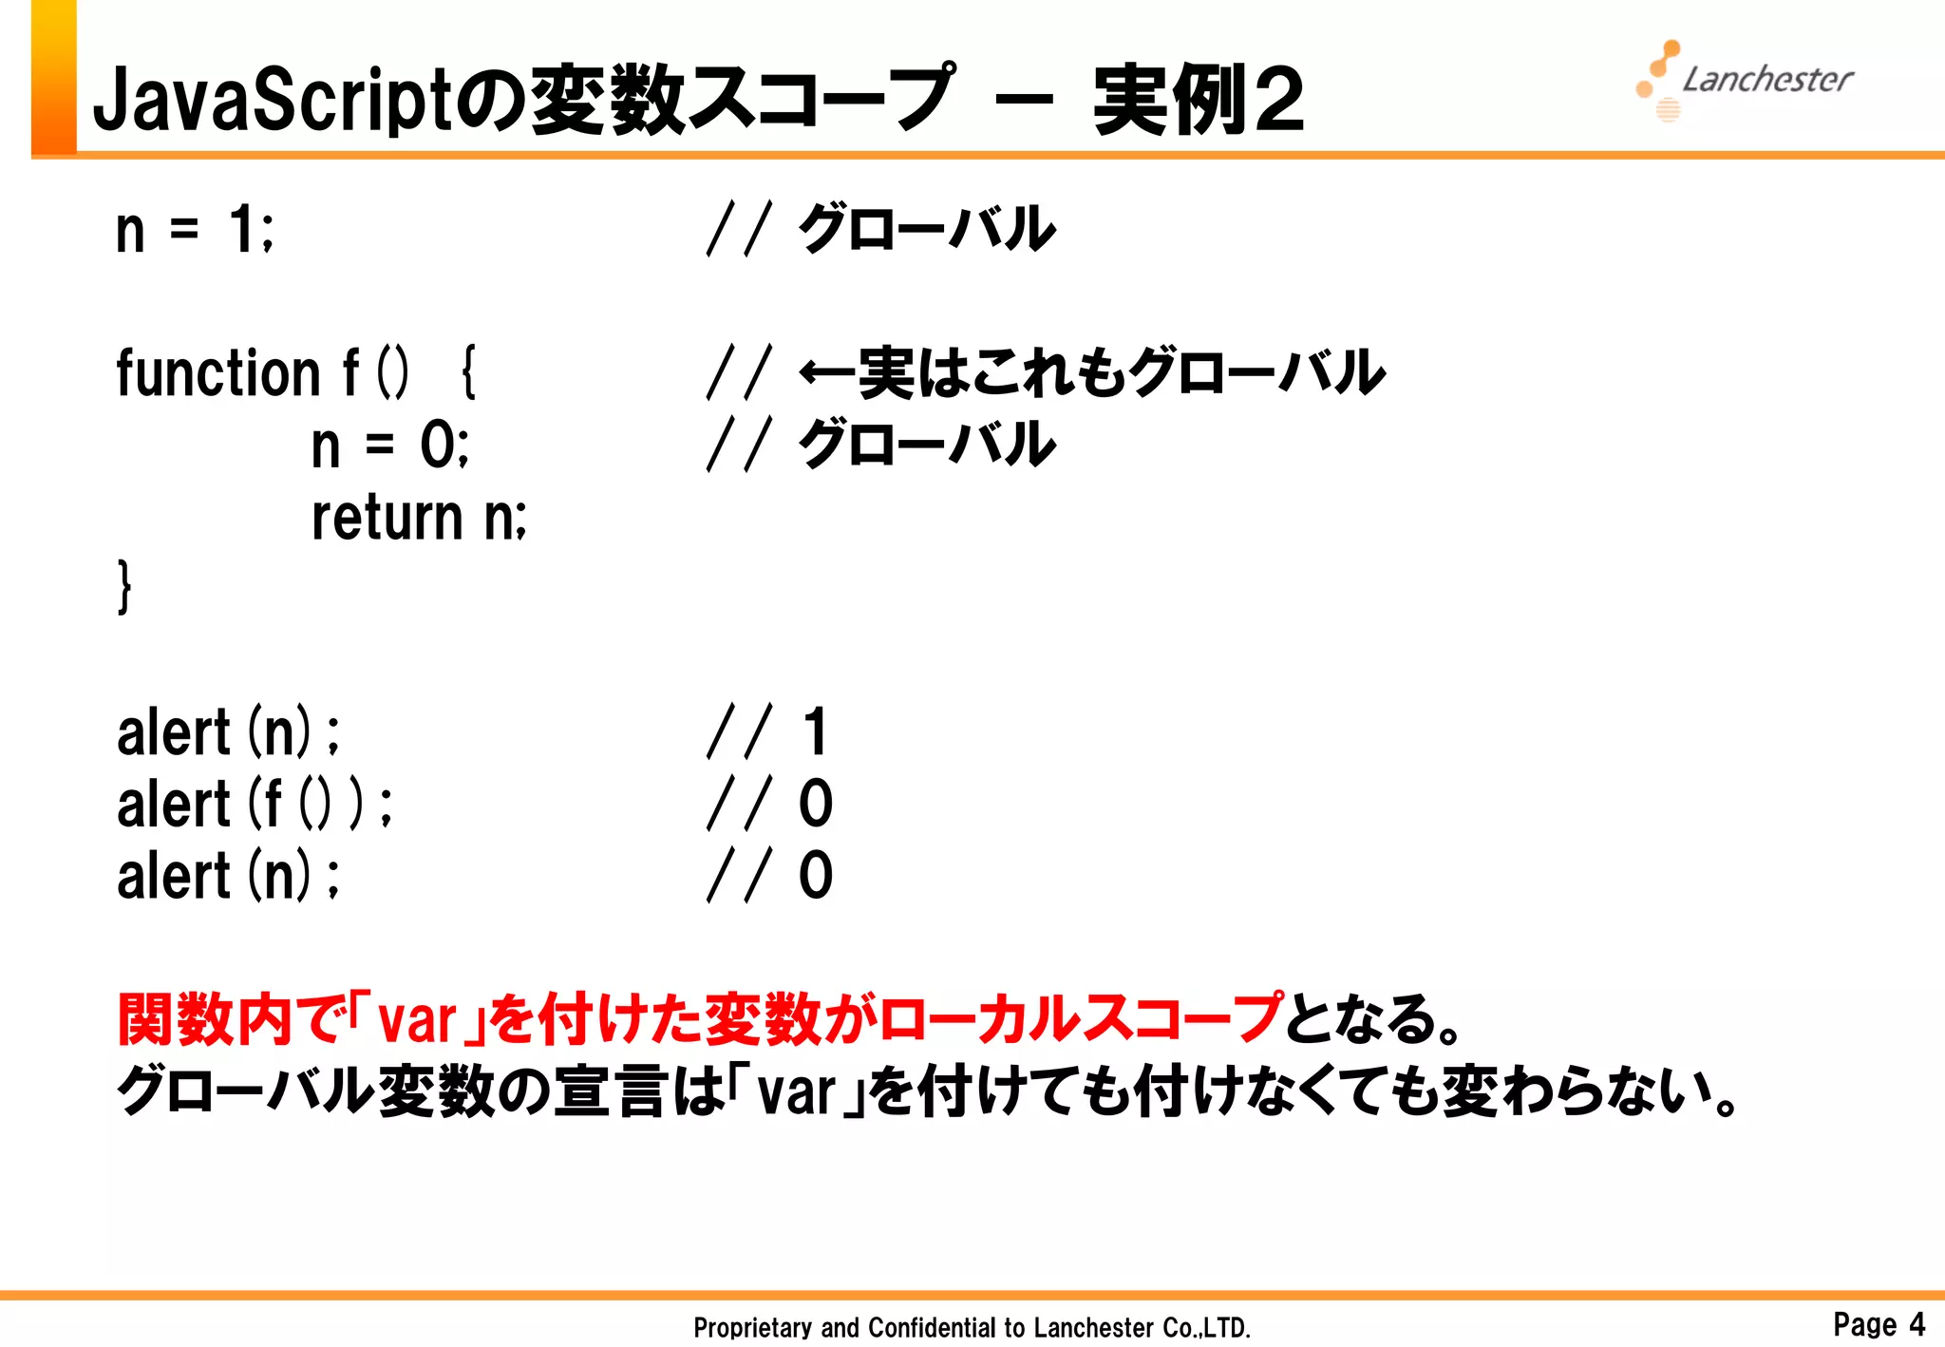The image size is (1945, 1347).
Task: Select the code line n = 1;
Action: [x=195, y=230]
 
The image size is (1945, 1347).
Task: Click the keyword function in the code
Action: [x=218, y=372]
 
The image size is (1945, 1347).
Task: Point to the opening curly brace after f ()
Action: [x=467, y=372]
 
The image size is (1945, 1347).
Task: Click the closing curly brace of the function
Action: [x=124, y=586]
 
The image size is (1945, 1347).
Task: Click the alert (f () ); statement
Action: [x=254, y=804]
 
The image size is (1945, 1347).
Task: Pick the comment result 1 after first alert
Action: [x=815, y=732]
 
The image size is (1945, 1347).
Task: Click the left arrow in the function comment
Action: [x=826, y=372]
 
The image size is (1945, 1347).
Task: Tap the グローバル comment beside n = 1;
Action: [x=927, y=230]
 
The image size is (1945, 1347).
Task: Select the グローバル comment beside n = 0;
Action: [x=927, y=445]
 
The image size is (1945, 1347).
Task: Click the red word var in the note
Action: [x=417, y=1020]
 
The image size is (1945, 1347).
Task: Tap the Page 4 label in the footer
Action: [x=1879, y=1323]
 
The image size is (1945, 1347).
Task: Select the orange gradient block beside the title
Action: [x=54, y=76]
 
